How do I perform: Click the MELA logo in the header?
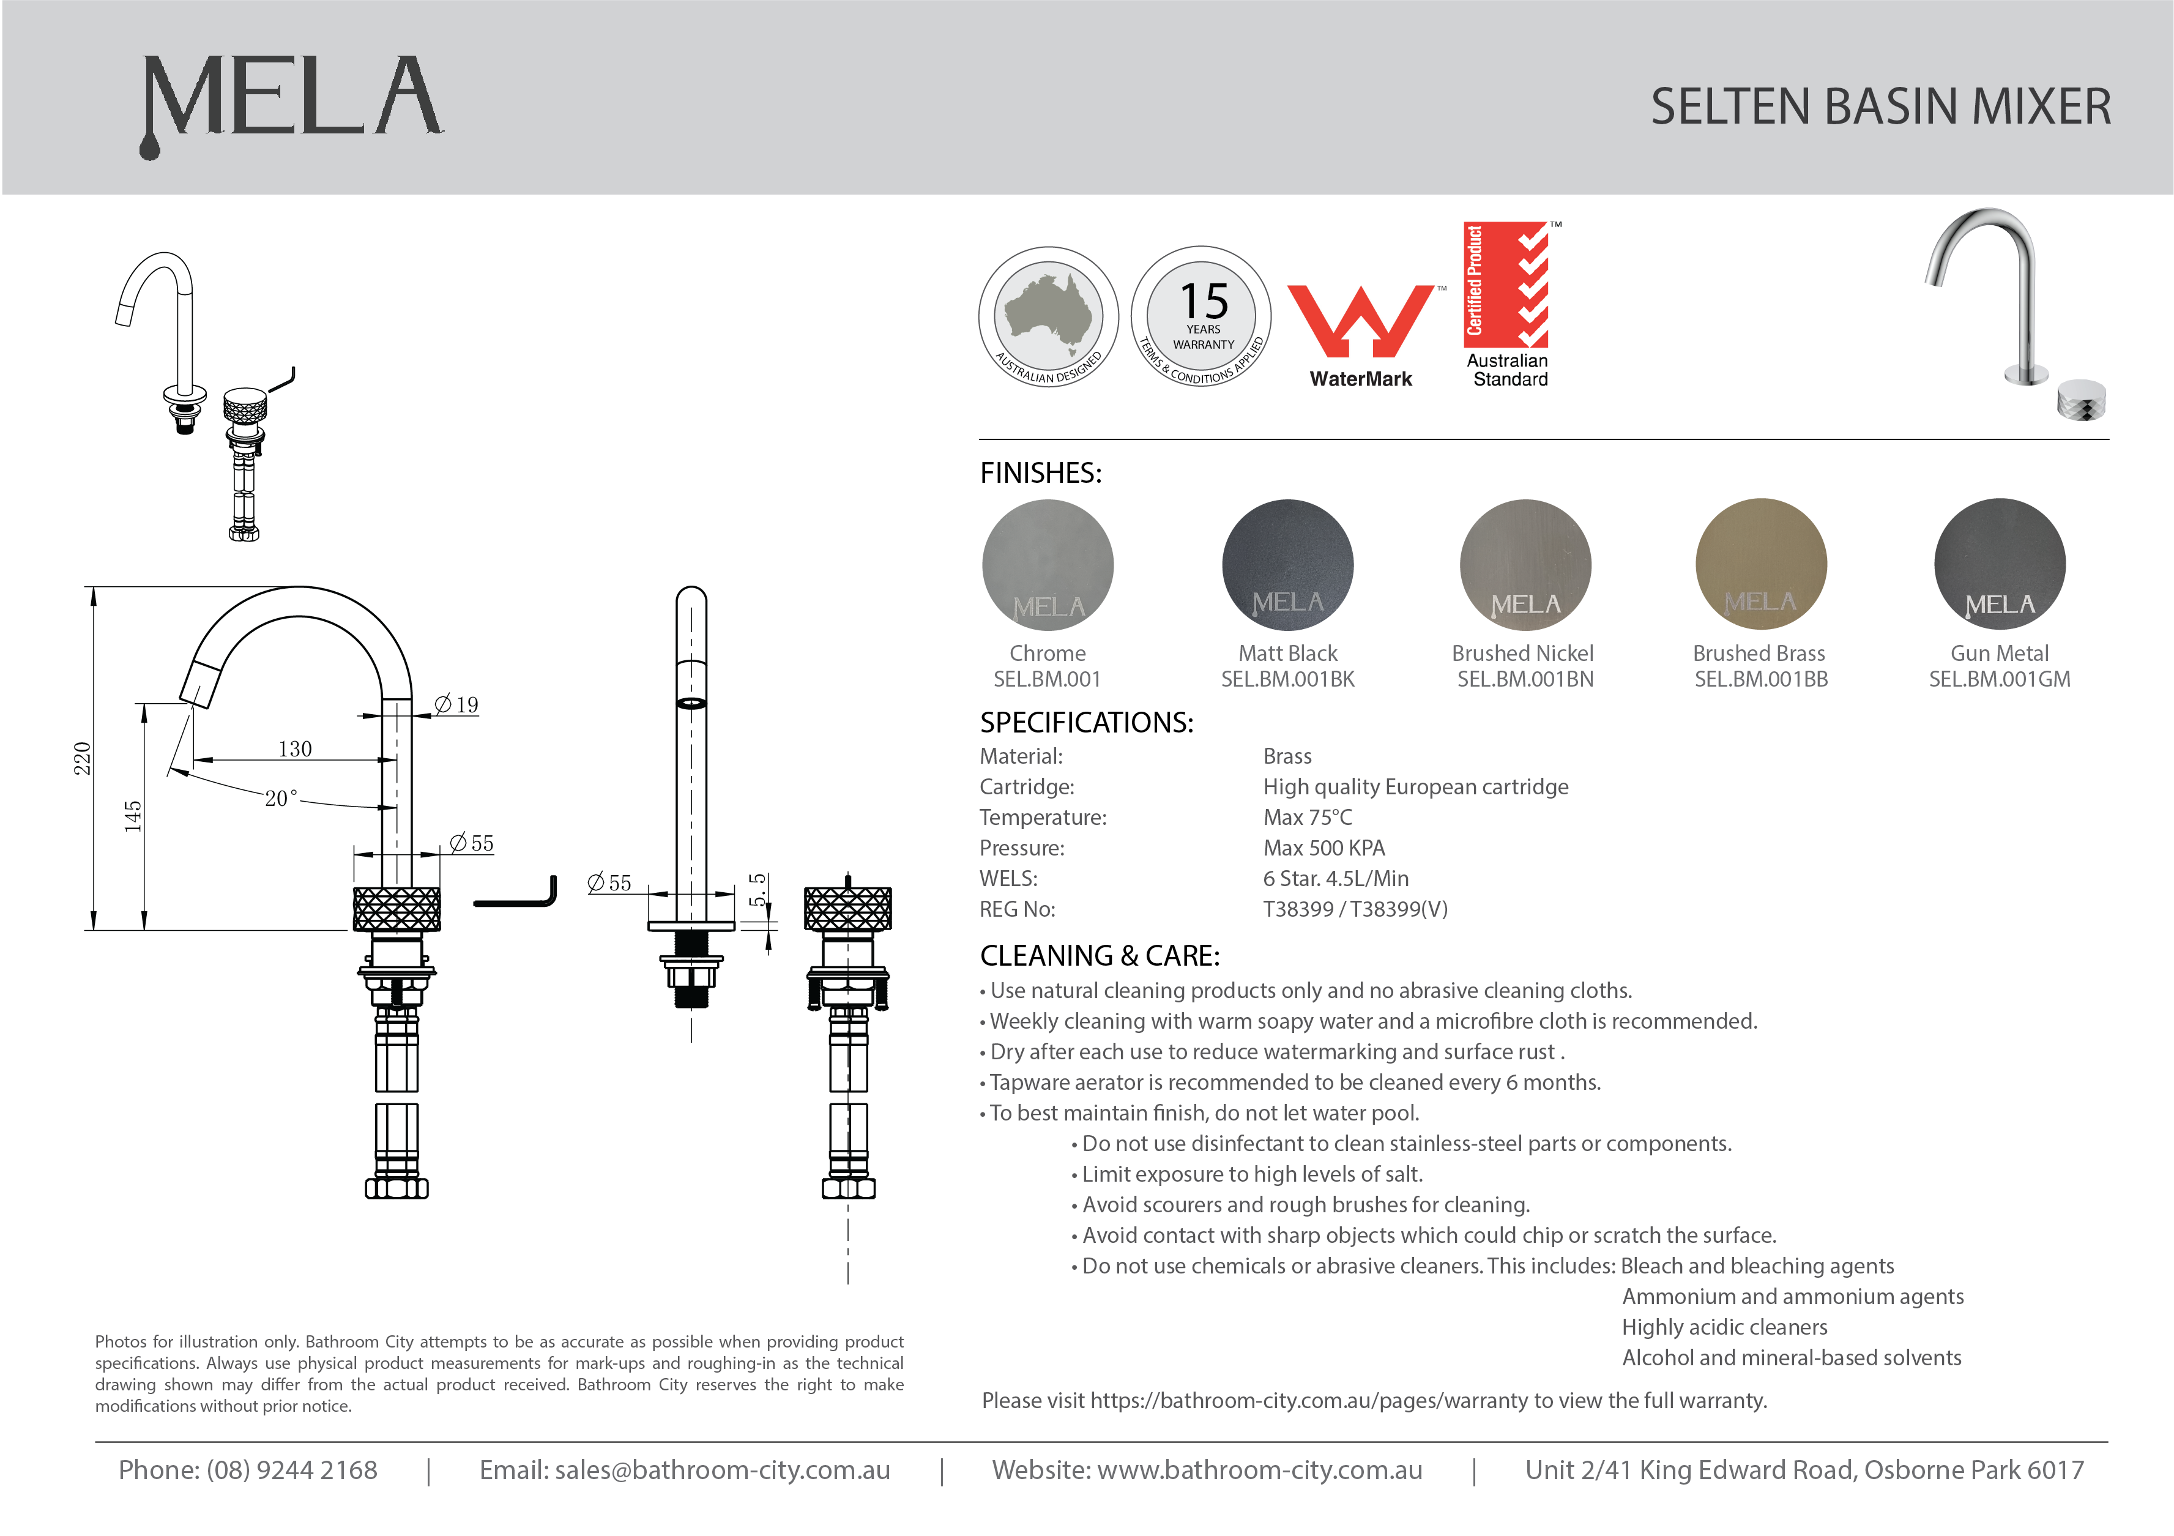[x=292, y=99]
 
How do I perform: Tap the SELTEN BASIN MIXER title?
[x=1880, y=106]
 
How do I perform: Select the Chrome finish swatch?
[x=1048, y=565]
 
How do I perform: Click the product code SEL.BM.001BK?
[x=1288, y=679]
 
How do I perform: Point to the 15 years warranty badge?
[x=1202, y=316]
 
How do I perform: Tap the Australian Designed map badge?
[x=1048, y=316]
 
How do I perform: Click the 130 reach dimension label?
[x=294, y=749]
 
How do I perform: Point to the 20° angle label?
[x=280, y=799]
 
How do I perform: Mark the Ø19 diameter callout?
[x=456, y=704]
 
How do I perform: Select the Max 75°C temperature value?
[x=1308, y=817]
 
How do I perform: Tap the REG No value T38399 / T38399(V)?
[x=1355, y=909]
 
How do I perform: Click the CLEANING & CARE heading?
[x=1100, y=955]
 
